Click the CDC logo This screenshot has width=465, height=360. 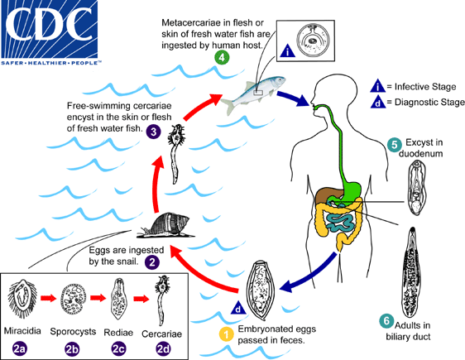point(51,30)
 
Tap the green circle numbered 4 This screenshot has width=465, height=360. point(222,58)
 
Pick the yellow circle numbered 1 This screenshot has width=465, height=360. point(224,334)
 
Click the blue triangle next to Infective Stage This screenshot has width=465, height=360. point(378,85)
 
